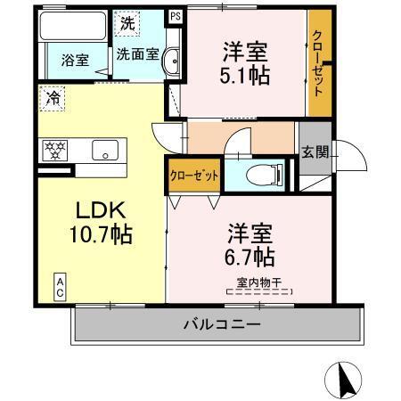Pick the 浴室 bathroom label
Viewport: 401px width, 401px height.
[x=74, y=61]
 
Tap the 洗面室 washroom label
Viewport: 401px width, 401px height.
[x=137, y=53]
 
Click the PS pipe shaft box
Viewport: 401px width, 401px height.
[x=174, y=16]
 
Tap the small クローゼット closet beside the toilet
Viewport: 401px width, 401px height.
[x=194, y=176]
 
